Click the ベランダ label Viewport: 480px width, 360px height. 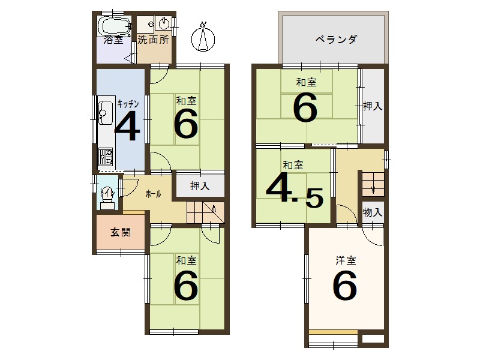[337, 40]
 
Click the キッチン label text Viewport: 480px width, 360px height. [128, 103]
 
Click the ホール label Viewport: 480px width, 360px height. [153, 194]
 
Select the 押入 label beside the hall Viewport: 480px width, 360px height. [200, 186]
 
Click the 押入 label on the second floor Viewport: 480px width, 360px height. [373, 106]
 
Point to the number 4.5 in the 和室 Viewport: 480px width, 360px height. [294, 191]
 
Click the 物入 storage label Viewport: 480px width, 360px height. [373, 212]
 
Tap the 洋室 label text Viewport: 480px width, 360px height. [345, 261]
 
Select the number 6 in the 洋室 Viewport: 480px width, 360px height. [345, 286]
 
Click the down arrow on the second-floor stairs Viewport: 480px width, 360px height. [373, 190]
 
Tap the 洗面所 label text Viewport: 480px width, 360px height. [153, 41]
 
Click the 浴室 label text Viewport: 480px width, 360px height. [113, 41]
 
